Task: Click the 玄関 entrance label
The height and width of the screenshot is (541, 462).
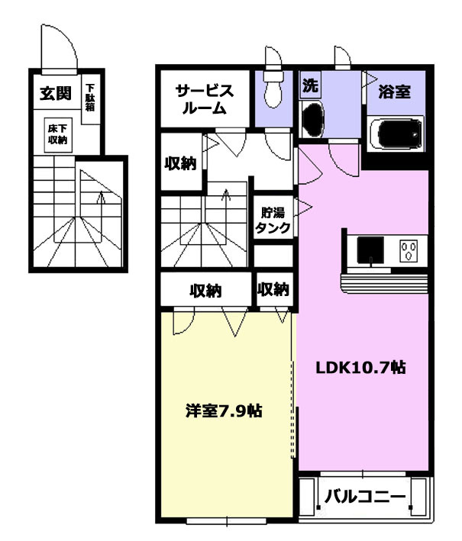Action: [56, 94]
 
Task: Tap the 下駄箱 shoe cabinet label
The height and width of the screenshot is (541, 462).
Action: [90, 97]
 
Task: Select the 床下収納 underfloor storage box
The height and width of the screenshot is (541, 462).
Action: [58, 135]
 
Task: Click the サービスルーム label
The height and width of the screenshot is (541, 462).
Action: [205, 100]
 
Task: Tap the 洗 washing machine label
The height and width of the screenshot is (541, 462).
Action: [310, 85]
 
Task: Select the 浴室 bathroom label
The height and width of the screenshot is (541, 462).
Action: [394, 92]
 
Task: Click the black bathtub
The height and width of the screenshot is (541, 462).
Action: [400, 134]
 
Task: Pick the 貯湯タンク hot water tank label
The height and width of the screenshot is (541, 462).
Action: [273, 221]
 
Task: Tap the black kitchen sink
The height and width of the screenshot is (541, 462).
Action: [370, 250]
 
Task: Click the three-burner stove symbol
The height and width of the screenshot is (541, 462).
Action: [409, 250]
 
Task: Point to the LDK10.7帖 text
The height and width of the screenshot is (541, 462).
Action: [361, 367]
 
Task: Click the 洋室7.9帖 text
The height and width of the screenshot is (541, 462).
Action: [224, 411]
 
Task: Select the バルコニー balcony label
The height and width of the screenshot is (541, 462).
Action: [365, 498]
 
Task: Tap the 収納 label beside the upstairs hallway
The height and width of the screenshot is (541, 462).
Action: [180, 163]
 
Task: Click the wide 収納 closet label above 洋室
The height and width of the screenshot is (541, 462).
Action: [205, 291]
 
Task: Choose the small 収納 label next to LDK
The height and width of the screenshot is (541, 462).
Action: [273, 289]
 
